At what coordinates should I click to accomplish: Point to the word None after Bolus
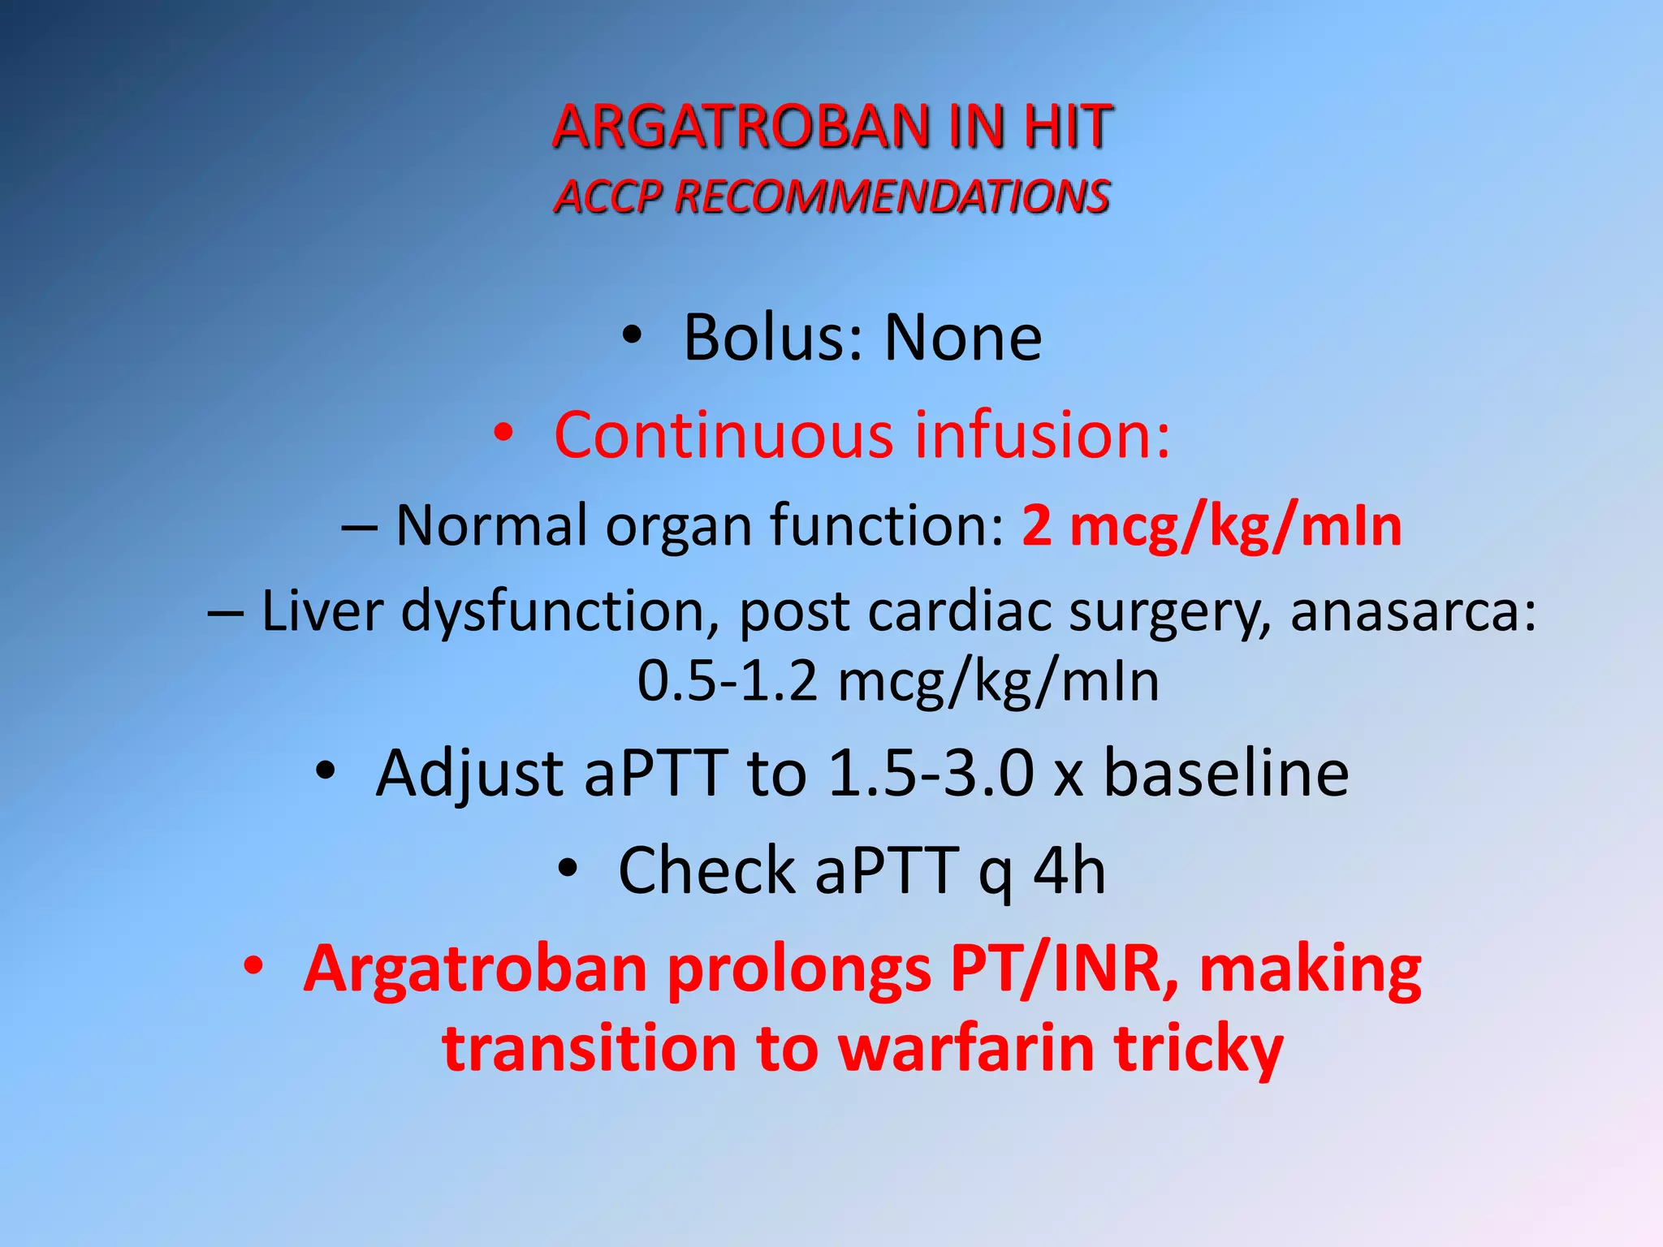(963, 338)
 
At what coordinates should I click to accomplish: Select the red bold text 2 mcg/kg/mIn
(1212, 526)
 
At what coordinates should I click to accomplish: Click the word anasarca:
(1413, 611)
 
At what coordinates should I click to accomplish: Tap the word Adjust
(469, 773)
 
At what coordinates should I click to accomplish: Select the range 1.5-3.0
(931, 773)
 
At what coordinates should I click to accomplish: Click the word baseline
(1226, 773)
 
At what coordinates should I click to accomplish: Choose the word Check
(706, 871)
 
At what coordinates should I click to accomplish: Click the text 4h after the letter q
(1069, 871)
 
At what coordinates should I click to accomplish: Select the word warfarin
(965, 1049)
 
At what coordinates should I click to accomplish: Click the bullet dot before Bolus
(632, 335)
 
